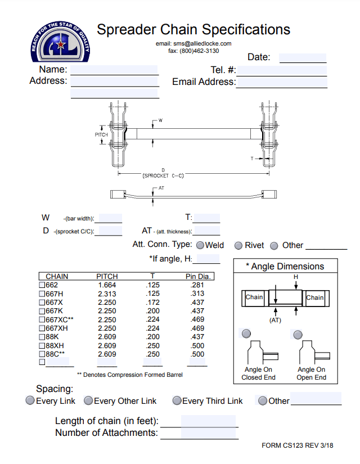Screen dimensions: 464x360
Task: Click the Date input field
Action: coord(303,57)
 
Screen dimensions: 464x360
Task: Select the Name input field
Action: coord(114,70)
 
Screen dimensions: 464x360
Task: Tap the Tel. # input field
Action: coord(282,71)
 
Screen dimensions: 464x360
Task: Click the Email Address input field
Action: coord(282,83)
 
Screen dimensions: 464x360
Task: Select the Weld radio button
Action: coord(200,246)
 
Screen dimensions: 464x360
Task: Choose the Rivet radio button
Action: coord(238,246)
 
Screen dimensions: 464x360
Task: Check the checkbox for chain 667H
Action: coord(42,294)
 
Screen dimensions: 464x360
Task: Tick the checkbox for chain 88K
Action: coord(42,337)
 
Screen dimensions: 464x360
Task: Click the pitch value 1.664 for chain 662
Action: coord(107,285)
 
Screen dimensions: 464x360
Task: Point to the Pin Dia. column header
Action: coord(198,277)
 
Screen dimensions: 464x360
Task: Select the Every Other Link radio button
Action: coord(88,401)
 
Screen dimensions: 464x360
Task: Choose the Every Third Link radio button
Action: coord(177,401)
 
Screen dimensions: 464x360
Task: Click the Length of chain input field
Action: coord(208,421)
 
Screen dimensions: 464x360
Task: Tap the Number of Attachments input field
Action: coord(208,433)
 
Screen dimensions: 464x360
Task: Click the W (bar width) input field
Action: coord(111,219)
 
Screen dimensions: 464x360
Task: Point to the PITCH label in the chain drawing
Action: coord(101,135)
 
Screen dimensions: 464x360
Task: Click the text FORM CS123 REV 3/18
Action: coord(297,445)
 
